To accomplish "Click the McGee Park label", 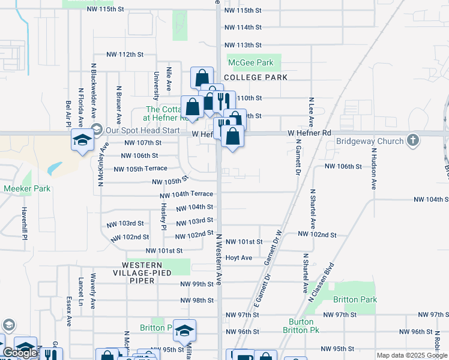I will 250,62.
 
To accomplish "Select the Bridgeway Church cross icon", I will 412,140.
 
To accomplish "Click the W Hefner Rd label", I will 309,133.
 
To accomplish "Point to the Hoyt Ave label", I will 238,257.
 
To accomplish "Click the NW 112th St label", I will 125,54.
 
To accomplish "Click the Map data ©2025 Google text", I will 411,355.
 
